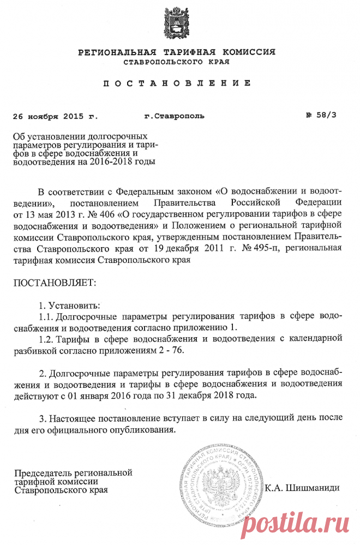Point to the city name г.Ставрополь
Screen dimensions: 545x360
tap(174, 117)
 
